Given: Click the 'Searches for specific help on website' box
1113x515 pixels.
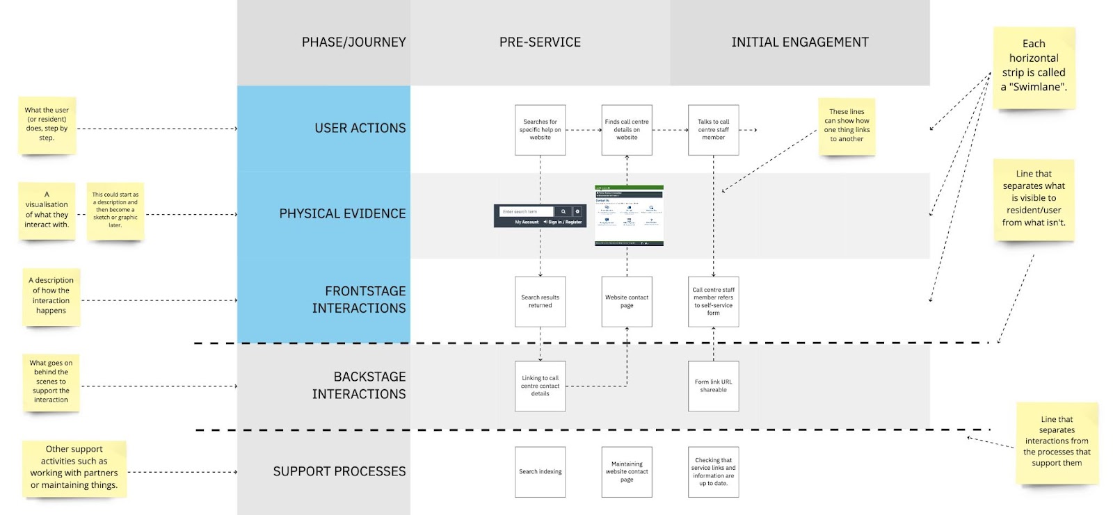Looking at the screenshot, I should pyautogui.click(x=540, y=130).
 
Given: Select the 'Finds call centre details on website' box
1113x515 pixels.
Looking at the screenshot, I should pyautogui.click(x=627, y=130).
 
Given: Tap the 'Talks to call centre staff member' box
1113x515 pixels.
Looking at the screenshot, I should pyautogui.click(x=713, y=130).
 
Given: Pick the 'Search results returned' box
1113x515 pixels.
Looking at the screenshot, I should pyautogui.click(x=540, y=302).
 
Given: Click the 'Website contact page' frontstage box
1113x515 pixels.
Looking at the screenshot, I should pyautogui.click(x=627, y=302).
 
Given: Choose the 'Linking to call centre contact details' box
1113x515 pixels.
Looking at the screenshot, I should pyautogui.click(x=540, y=386).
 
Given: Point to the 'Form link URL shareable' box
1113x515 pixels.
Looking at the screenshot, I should pyautogui.click(x=713, y=386).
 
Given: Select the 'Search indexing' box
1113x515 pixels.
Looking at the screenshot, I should pyautogui.click(x=540, y=472).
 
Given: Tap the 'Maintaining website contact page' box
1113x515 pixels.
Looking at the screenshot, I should pyautogui.click(x=627, y=472).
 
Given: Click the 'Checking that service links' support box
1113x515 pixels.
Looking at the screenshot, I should pyautogui.click(x=713, y=472).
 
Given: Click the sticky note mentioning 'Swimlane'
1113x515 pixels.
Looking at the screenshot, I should pyautogui.click(x=1034, y=67).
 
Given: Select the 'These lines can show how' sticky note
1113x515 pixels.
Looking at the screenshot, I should pyautogui.click(x=847, y=126).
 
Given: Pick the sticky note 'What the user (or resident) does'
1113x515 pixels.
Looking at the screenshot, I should pyautogui.click(x=47, y=124).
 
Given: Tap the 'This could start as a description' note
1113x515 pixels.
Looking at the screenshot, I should pyautogui.click(x=115, y=211).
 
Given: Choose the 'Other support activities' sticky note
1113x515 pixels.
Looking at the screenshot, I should pyautogui.click(x=74, y=468).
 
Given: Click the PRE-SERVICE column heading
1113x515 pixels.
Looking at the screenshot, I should pyautogui.click(x=540, y=42).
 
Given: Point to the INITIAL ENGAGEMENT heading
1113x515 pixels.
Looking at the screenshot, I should pyautogui.click(x=799, y=42).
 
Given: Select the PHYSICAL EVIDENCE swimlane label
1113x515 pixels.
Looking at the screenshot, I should pyautogui.click(x=342, y=214).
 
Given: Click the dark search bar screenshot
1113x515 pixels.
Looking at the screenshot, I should pyautogui.click(x=540, y=216).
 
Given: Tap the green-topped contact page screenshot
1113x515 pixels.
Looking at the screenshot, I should pyautogui.click(x=629, y=215).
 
